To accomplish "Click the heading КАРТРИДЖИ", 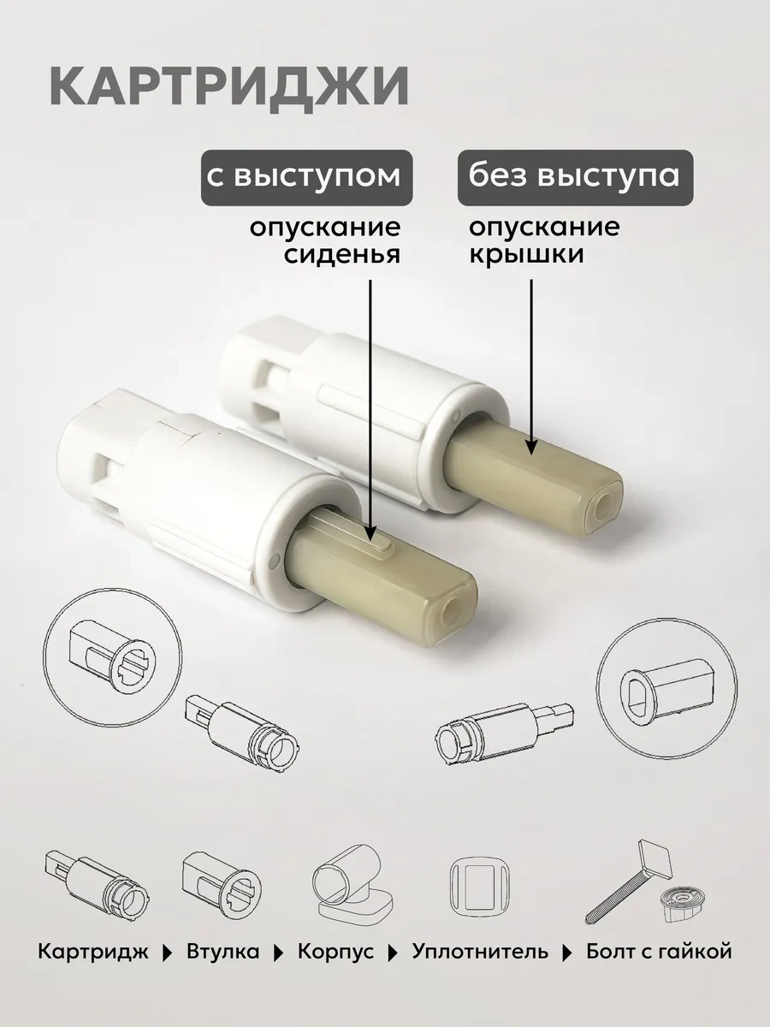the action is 229,87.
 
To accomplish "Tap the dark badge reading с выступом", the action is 306,177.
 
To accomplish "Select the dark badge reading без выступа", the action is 575,177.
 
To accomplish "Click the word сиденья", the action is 343,254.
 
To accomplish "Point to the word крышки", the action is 527,255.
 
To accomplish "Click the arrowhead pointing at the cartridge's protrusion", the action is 370,533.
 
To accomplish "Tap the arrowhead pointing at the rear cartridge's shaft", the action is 531,447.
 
